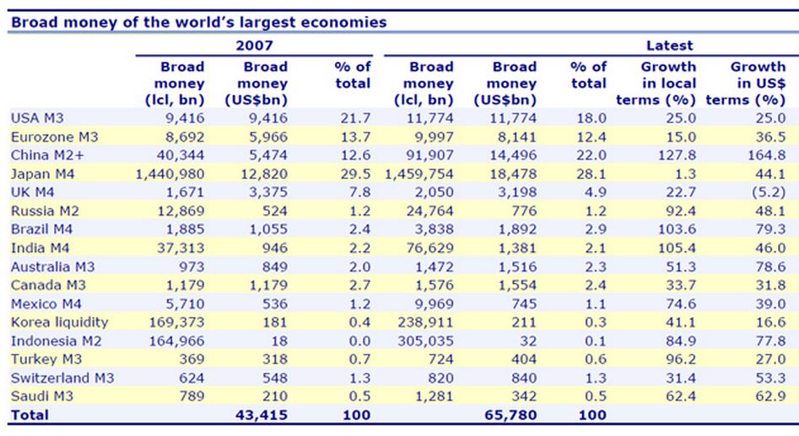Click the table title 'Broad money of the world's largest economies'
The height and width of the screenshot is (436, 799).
click(x=199, y=22)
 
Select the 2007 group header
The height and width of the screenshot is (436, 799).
click(x=254, y=45)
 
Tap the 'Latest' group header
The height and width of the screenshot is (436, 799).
click(x=669, y=45)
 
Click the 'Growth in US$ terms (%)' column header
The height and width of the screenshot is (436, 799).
click(x=746, y=83)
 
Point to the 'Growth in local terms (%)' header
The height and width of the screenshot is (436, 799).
click(x=656, y=83)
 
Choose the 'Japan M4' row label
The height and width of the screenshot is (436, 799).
click(x=43, y=174)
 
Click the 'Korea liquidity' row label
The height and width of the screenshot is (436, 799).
click(x=60, y=322)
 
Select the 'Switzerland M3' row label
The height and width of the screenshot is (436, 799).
click(x=62, y=378)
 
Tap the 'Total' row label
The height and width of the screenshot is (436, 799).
click(x=30, y=415)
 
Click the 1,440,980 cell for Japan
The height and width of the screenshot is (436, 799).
click(x=170, y=174)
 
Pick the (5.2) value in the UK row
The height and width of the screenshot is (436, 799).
click(x=769, y=192)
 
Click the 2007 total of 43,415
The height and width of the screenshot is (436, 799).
click(x=262, y=415)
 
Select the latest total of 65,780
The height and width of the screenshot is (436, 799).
click(x=510, y=415)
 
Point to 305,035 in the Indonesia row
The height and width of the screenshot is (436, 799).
click(x=425, y=341)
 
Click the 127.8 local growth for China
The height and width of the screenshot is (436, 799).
click(x=677, y=155)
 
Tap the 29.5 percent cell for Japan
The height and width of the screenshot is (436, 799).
click(x=355, y=174)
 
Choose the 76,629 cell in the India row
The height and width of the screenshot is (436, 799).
click(x=429, y=248)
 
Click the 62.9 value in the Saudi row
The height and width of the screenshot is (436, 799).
click(x=770, y=396)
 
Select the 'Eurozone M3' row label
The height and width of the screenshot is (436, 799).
click(x=55, y=137)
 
